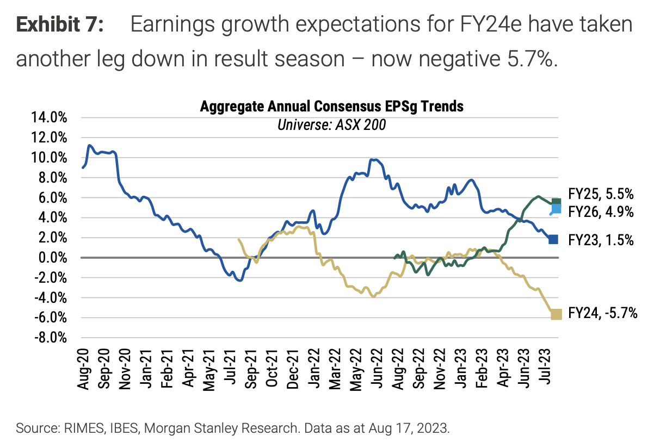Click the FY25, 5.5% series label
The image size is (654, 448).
pos(601,195)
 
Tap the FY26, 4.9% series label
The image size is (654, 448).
pos(601,212)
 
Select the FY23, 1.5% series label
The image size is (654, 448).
pos(601,239)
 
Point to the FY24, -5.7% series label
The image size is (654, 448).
pos(602,313)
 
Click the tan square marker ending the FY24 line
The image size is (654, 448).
pos(556,314)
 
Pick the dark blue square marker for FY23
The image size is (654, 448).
pos(553,239)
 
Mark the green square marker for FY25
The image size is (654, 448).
pos(556,202)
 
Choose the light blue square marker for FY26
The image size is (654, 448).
pos(556,209)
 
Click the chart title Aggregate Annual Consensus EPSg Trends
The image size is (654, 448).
pos(332,106)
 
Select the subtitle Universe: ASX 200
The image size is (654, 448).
pos(331,125)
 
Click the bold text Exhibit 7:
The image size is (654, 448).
pos(60,26)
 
